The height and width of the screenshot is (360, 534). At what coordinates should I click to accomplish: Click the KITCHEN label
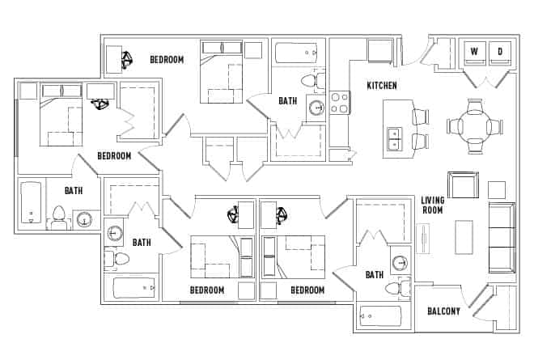click(x=382, y=86)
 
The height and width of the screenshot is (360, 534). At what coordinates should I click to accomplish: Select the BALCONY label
click(x=443, y=311)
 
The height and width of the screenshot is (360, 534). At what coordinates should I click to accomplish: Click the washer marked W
click(x=474, y=53)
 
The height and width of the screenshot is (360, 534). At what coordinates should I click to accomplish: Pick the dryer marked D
click(x=500, y=53)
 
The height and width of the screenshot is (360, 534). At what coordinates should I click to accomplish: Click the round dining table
click(x=475, y=126)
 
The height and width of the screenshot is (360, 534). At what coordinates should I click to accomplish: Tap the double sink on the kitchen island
click(x=395, y=139)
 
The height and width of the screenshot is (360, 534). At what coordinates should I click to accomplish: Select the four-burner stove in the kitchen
click(x=340, y=102)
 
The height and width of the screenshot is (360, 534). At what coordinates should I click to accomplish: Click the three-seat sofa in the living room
click(x=502, y=237)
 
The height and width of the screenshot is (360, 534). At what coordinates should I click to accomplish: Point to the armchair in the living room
click(x=464, y=185)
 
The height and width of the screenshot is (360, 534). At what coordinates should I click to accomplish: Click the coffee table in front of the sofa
click(x=464, y=237)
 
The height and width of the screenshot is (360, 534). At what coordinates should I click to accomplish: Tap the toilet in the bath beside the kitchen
click(x=309, y=80)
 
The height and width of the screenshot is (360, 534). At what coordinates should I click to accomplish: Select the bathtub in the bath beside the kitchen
click(x=297, y=53)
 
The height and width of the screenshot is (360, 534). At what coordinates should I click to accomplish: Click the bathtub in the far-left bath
click(x=31, y=203)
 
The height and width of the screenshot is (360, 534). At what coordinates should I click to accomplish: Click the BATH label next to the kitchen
click(x=287, y=101)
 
